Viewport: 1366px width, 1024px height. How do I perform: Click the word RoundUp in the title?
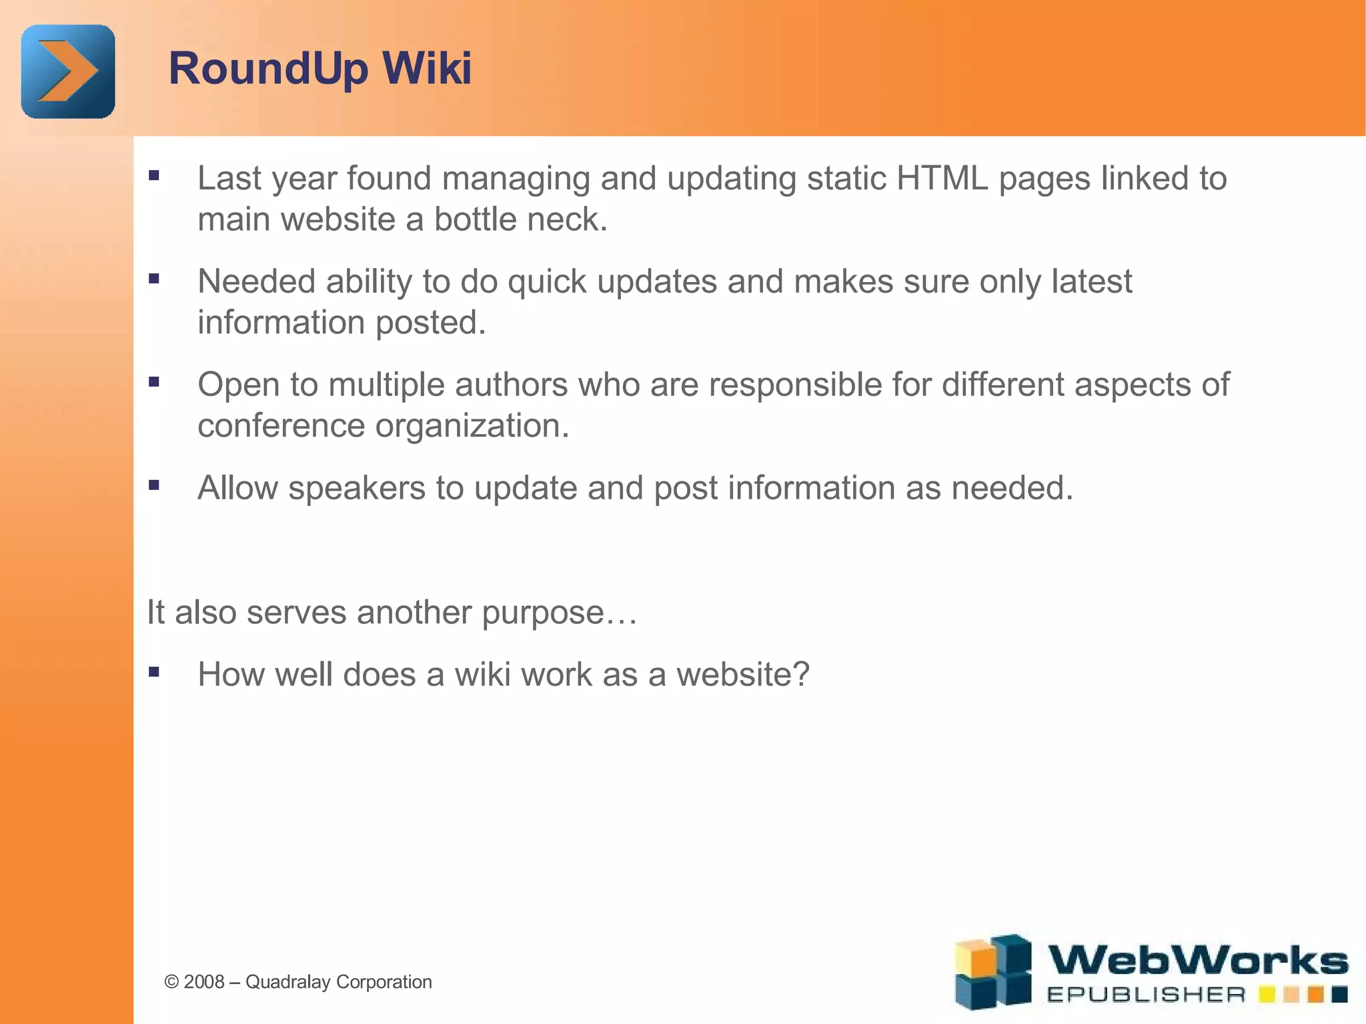[268, 69]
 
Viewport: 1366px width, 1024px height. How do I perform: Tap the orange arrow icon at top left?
[67, 71]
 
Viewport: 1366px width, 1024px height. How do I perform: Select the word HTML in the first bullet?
[942, 179]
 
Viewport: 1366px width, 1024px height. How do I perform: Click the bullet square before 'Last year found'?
[154, 176]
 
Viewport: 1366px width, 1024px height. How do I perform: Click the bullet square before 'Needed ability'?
[154, 279]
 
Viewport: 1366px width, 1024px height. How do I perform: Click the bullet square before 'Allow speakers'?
[154, 485]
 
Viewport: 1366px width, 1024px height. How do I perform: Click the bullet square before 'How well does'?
[154, 672]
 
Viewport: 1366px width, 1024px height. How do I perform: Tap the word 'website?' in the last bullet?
[742, 675]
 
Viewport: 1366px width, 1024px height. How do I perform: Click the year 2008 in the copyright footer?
[204, 982]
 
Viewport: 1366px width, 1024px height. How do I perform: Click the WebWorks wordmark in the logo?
[1198, 961]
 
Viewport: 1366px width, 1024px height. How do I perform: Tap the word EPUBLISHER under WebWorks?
[1146, 995]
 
